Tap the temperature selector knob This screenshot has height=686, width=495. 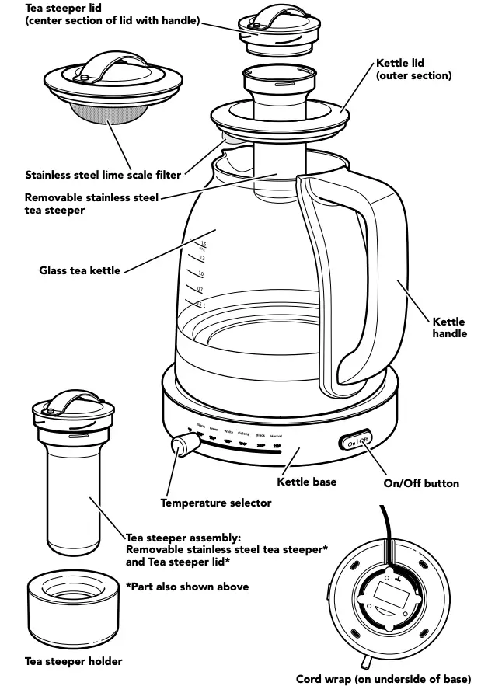pos(183,447)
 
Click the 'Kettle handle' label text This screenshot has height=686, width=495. pos(449,327)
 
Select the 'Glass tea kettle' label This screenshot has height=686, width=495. pos(80,270)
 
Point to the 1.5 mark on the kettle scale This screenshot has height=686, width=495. pos(204,244)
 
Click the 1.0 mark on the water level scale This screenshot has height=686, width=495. pos(200,274)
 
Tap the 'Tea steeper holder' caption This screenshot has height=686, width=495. pos(74,661)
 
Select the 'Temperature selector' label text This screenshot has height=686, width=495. pos(216,503)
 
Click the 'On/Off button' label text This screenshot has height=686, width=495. pos(421,483)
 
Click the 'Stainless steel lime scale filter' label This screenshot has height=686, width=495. pos(103,175)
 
